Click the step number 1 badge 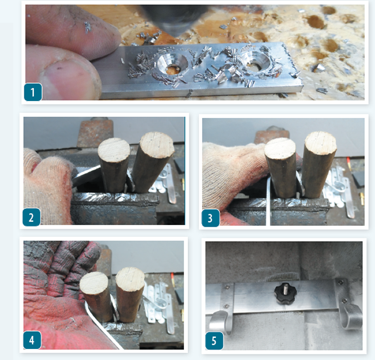click(x=33, y=92)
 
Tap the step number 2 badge click(x=31, y=217)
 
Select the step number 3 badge click(x=211, y=218)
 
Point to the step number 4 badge click(x=32, y=340)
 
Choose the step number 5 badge click(x=214, y=341)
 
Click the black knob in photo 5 click(x=286, y=294)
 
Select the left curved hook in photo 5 click(x=222, y=311)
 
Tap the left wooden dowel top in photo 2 click(x=114, y=150)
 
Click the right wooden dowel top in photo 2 click(x=157, y=144)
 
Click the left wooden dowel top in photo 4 click(x=94, y=283)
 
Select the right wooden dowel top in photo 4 click(x=130, y=279)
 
